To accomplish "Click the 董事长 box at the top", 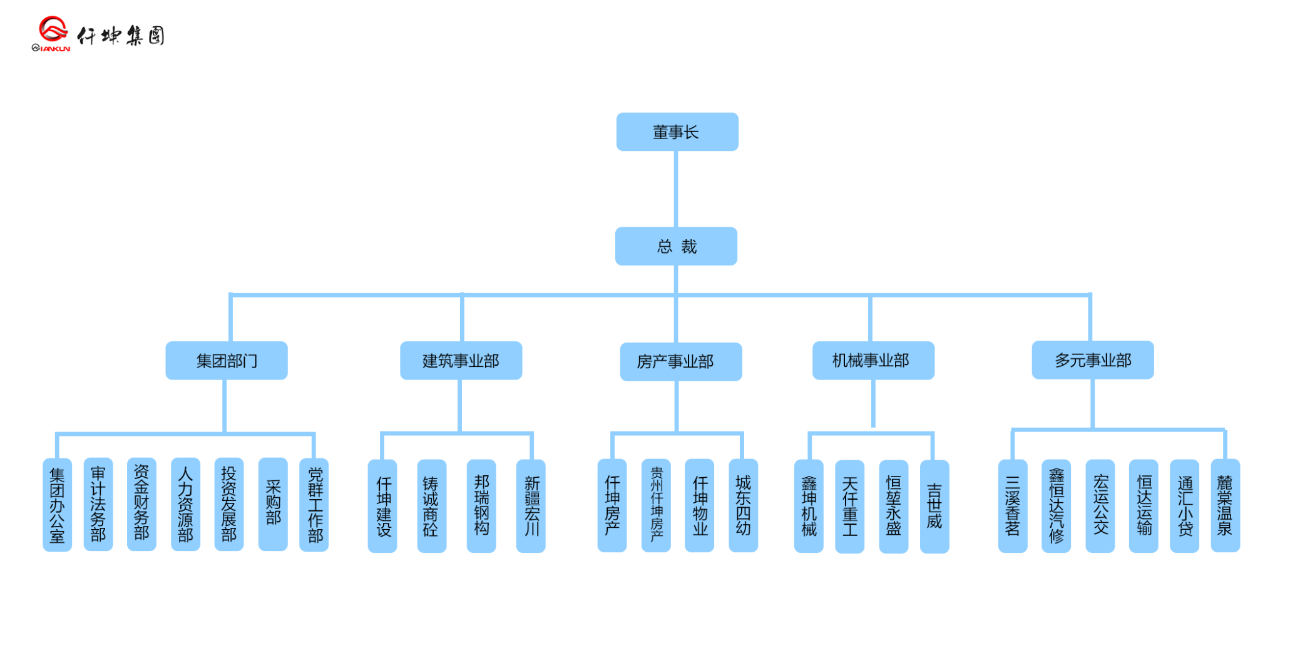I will point(677,132).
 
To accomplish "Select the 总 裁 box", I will point(676,246).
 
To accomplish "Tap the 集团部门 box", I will point(226,361).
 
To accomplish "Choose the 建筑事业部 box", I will point(461,361).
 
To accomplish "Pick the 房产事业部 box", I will point(680,361).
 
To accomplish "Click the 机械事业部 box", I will point(873,361).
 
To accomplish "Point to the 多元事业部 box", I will point(1092,360).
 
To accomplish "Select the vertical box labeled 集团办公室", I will point(57,505).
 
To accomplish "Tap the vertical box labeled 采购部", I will point(273,504).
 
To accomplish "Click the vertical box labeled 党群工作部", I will point(314,505).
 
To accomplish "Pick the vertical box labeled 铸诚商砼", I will point(431,506).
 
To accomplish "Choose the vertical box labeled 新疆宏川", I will point(531,506).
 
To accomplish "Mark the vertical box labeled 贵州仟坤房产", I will point(656,505).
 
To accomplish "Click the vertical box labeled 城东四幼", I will point(743,505).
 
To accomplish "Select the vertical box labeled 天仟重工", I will point(849,507).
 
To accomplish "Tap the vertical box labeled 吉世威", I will point(934,507).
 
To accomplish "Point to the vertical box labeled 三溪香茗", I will point(1012,506).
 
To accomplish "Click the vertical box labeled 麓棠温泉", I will point(1225,505).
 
